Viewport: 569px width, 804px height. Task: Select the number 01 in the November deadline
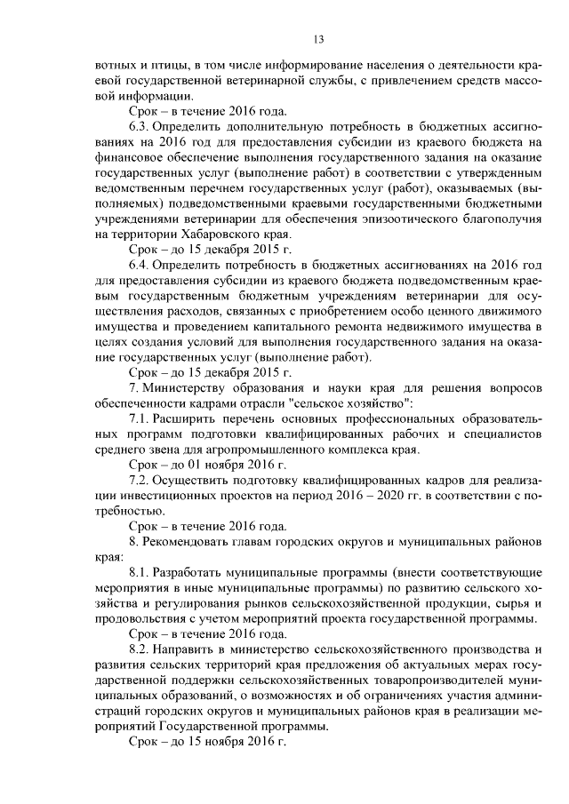click(196, 465)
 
